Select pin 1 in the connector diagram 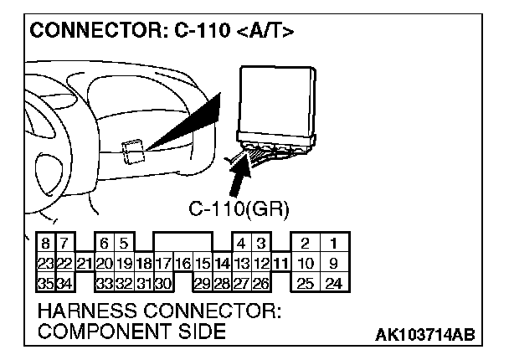tap(332, 244)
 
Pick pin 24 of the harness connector tap(332, 283)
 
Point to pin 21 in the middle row tap(83, 264)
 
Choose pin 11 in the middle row tap(280, 264)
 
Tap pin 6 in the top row tap(103, 244)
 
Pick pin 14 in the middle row tap(222, 264)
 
